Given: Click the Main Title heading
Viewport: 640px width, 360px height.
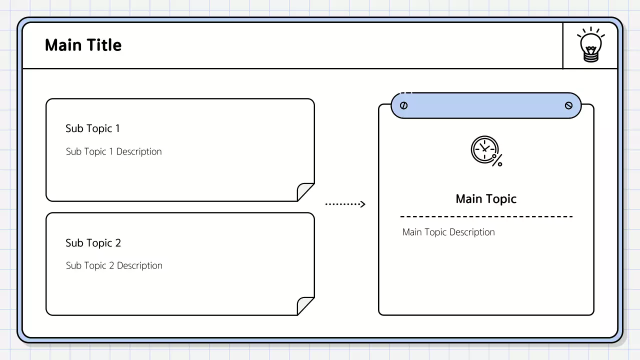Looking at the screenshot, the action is pyautogui.click(x=83, y=45).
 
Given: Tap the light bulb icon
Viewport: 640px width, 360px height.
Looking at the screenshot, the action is pyautogui.click(x=590, y=45).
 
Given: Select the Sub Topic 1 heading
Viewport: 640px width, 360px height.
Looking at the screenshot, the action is pyautogui.click(x=92, y=128).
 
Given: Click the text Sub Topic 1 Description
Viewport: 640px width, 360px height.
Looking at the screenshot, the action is pyautogui.click(x=113, y=151).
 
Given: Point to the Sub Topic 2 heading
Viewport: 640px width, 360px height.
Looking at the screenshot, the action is pyautogui.click(x=93, y=243).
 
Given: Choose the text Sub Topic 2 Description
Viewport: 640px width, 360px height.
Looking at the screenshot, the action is pyautogui.click(x=114, y=265).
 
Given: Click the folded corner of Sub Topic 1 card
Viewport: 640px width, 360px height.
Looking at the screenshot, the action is pyautogui.click(x=304, y=192).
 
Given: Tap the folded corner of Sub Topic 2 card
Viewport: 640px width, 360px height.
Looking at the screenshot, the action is pyautogui.click(x=304, y=306).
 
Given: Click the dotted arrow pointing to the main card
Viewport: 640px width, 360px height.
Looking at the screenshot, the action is pyautogui.click(x=345, y=204).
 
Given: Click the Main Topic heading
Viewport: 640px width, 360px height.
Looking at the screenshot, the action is pyautogui.click(x=486, y=199).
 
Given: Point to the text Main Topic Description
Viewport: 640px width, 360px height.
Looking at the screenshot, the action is pyautogui.click(x=448, y=232).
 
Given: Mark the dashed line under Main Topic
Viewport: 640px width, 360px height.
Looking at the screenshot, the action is pyautogui.click(x=486, y=216).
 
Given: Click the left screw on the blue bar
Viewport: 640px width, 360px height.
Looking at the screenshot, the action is pyautogui.click(x=404, y=105).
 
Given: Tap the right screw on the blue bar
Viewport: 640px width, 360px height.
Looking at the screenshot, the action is pyautogui.click(x=568, y=105).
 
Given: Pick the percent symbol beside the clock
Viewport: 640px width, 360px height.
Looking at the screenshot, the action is pyautogui.click(x=497, y=160).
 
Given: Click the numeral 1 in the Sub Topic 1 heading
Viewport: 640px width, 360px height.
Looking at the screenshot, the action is pyautogui.click(x=117, y=128).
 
